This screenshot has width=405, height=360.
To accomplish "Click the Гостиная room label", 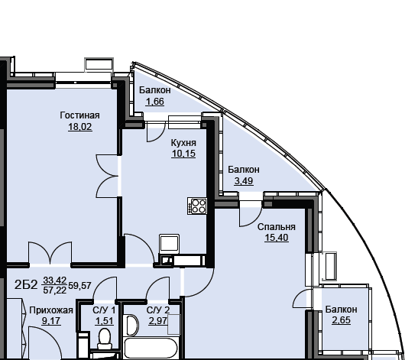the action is pyautogui.click(x=79, y=115).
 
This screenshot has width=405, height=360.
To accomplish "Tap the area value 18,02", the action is pyautogui.click(x=80, y=127).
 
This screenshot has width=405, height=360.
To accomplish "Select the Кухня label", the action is pyautogui.click(x=183, y=143).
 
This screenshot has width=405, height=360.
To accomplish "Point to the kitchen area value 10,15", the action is pyautogui.click(x=183, y=154).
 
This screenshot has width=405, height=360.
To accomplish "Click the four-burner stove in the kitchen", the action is pyautogui.click(x=197, y=206).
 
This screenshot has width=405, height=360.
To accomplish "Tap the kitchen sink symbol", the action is pyautogui.click(x=169, y=244).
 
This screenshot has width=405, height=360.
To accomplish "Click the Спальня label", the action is pyautogui.click(x=277, y=227).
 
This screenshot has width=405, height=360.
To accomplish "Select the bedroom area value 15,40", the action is pyautogui.click(x=277, y=238).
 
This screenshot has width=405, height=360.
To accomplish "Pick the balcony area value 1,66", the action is pyautogui.click(x=155, y=102).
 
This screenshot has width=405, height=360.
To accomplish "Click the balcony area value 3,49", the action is pyautogui.click(x=244, y=181).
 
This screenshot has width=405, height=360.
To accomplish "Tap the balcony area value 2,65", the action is pyautogui.click(x=342, y=320).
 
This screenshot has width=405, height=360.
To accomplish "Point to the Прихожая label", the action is pyautogui.click(x=51, y=310).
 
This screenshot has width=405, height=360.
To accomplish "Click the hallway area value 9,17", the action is pyautogui.click(x=51, y=321).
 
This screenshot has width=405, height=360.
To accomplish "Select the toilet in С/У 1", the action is pyautogui.click(x=105, y=339).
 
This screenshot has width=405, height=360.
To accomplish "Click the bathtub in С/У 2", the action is pyautogui.click(x=151, y=348).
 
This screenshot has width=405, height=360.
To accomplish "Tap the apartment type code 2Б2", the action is pyautogui.click(x=26, y=285).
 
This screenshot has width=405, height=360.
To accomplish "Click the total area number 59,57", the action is pyautogui.click(x=79, y=285).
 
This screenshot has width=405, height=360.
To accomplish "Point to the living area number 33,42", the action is pyautogui.click(x=55, y=280).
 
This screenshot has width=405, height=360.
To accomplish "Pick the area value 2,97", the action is pyautogui.click(x=158, y=321).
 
